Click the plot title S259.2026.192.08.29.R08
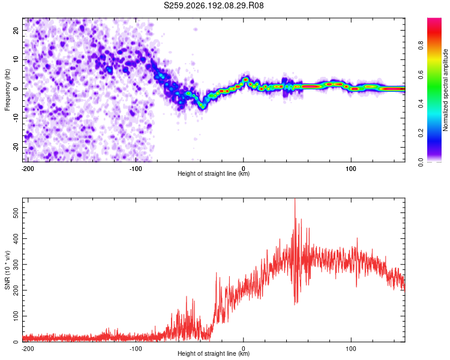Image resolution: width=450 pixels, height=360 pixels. pos(214,5)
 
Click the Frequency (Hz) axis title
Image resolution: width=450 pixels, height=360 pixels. pos(7,90)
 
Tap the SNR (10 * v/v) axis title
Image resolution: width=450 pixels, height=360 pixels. pos(7,270)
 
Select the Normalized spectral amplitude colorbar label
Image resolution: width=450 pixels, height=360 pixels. pos(445,90)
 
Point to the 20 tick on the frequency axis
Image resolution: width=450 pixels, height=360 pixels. pos(16,30)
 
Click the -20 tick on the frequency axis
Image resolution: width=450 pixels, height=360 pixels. pos(16,147)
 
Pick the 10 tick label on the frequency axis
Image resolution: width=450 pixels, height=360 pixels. pos(16,59)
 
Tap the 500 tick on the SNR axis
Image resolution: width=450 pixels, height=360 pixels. pos(16,213)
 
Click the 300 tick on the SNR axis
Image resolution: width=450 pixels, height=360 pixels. pos(16,265)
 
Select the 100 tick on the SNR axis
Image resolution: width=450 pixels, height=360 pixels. pos(16,316)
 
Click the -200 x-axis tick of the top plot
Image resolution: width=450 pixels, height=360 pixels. pos(28,169)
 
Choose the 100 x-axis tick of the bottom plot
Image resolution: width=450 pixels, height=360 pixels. pos(351,349)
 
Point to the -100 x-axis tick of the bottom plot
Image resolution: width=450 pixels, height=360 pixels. pos(136,349)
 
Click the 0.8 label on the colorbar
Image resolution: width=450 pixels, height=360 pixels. pos(421,45)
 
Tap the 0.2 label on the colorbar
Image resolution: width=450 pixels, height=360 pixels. pos(421,133)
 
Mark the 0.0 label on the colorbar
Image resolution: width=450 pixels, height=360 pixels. pos(421,162)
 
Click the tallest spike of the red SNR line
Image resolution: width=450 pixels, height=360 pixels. pos(295,199)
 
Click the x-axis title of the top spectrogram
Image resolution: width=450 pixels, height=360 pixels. pos(214,173)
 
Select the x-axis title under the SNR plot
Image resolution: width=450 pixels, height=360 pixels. pos(214,353)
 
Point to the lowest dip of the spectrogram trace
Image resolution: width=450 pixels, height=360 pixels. pos(202,107)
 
